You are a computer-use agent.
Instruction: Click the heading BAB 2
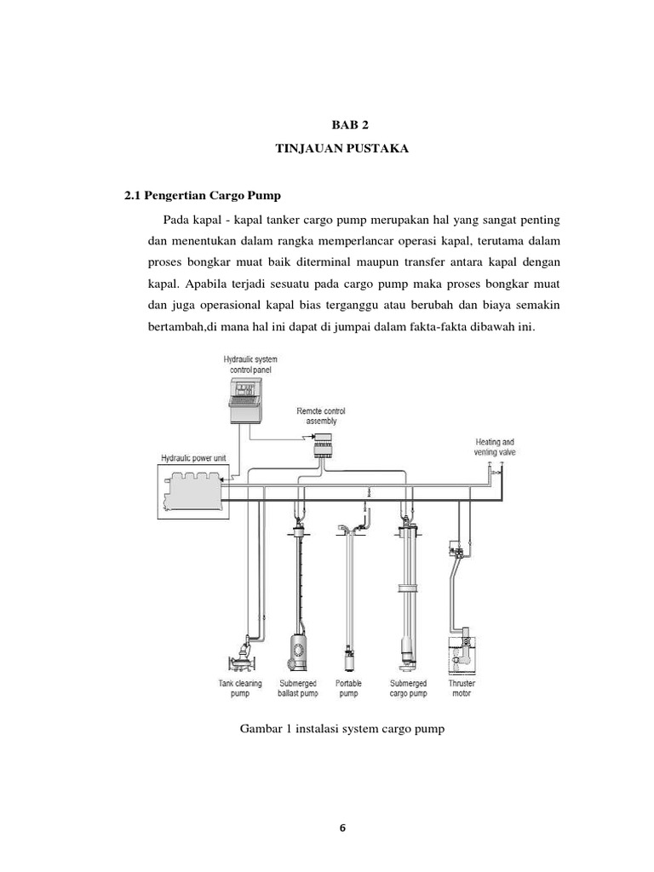(x=352, y=123)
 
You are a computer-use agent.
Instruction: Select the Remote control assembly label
(x=321, y=416)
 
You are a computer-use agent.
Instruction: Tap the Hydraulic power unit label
(x=194, y=458)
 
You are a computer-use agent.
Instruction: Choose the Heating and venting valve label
(x=495, y=447)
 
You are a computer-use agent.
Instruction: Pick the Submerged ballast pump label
(x=298, y=688)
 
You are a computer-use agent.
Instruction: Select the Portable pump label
(x=348, y=688)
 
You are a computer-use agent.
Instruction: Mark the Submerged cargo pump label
(x=409, y=688)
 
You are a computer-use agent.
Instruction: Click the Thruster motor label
(x=462, y=688)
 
